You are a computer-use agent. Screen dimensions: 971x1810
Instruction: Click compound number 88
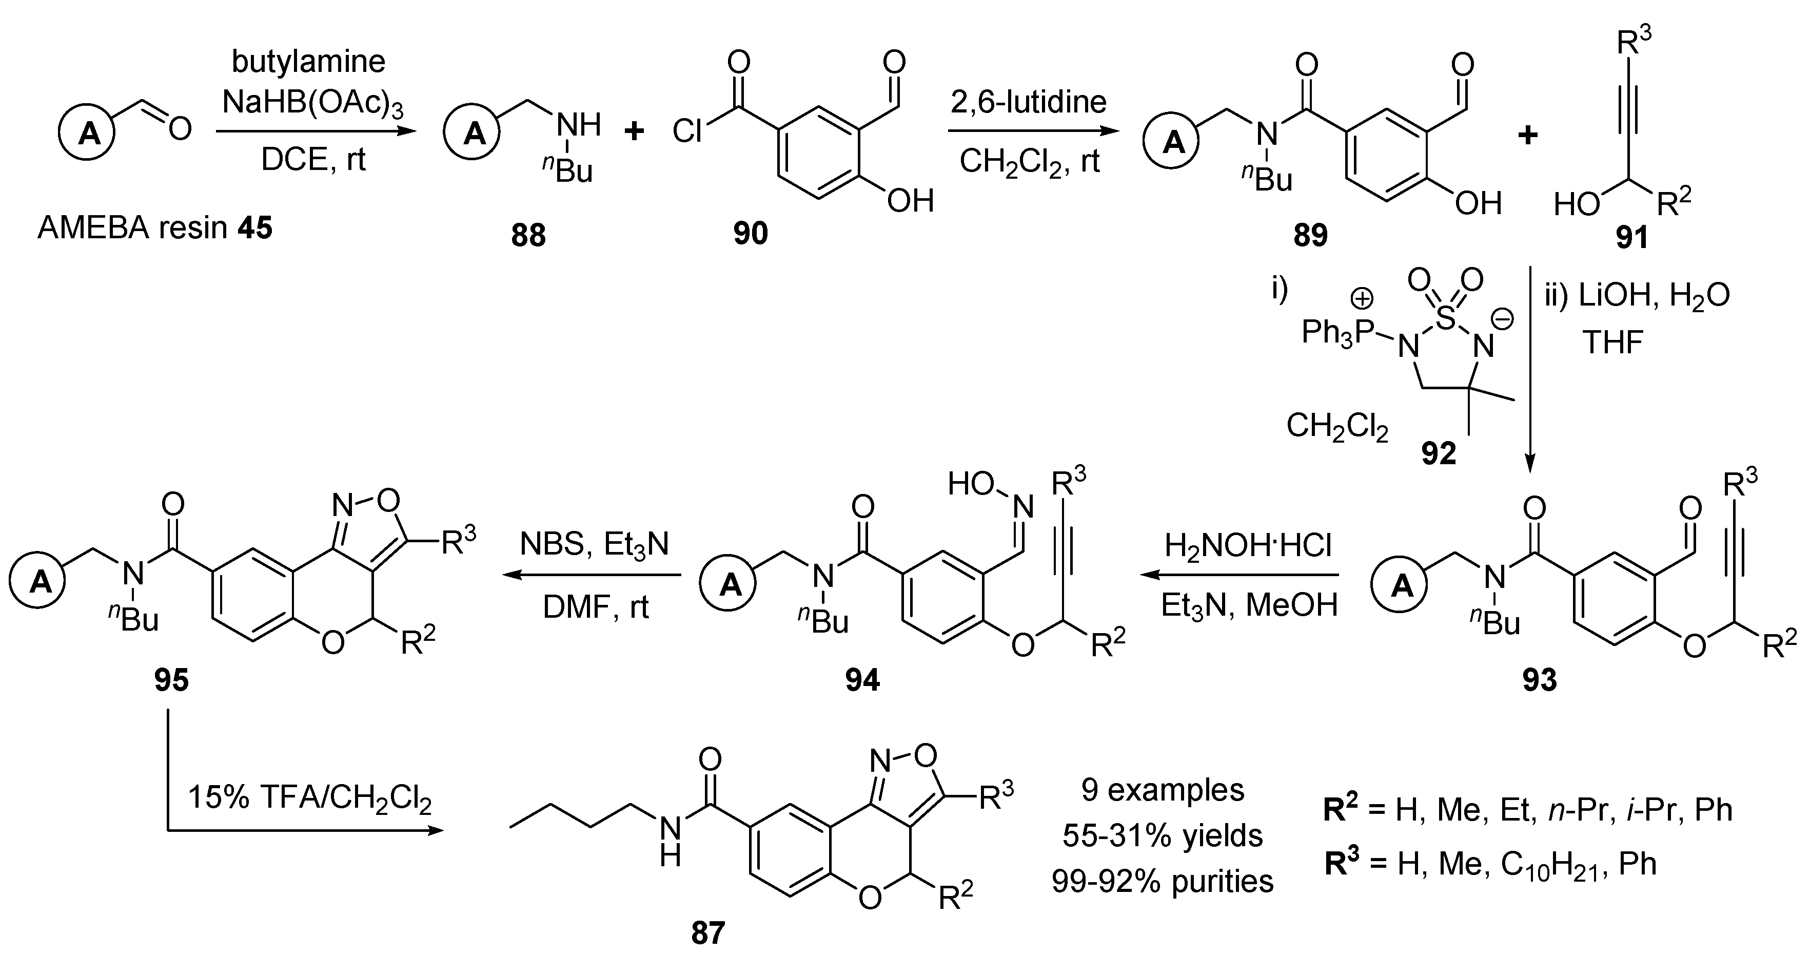(x=528, y=235)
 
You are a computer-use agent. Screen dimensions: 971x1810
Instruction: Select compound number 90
(x=751, y=232)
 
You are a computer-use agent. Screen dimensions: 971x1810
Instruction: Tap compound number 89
(x=1310, y=235)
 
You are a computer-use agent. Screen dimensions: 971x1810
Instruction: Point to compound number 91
(x=1631, y=238)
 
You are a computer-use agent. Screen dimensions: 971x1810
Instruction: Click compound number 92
(x=1439, y=453)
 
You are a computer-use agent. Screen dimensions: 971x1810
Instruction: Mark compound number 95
(x=171, y=680)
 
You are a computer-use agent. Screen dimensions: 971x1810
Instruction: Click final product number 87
(x=707, y=933)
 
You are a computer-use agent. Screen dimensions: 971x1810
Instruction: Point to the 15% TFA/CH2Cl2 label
(x=309, y=799)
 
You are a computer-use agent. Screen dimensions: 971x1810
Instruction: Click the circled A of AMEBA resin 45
(x=89, y=131)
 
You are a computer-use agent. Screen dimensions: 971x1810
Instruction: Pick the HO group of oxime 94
(x=971, y=484)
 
